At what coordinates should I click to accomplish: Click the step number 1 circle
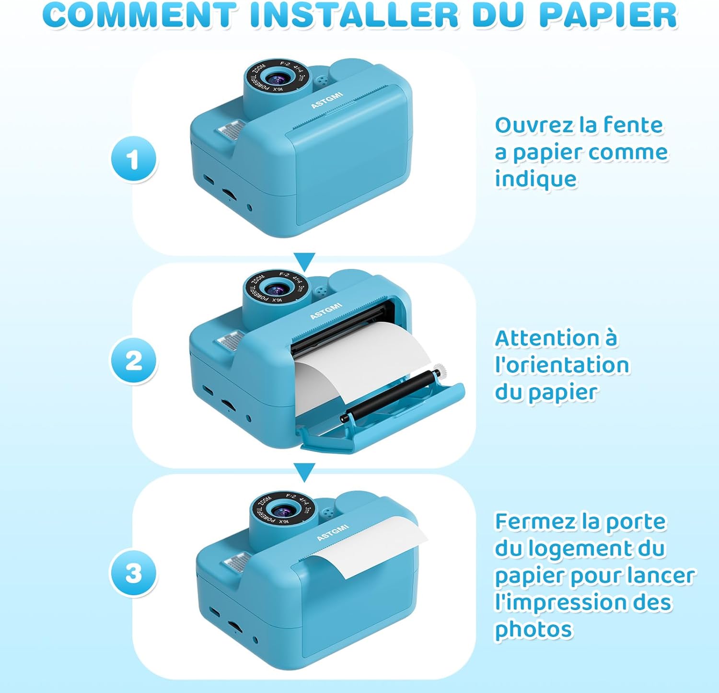pyautogui.click(x=134, y=159)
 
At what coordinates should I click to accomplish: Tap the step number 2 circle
pyautogui.click(x=134, y=360)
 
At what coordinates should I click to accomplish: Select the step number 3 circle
pyautogui.click(x=134, y=573)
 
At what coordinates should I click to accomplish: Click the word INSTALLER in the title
pyautogui.click(x=354, y=15)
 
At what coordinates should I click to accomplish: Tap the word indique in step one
pyautogui.click(x=535, y=179)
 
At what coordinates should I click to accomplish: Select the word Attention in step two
pyautogui.click(x=546, y=338)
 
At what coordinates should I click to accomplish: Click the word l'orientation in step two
pyautogui.click(x=562, y=365)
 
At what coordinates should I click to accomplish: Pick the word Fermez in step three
pyautogui.click(x=534, y=522)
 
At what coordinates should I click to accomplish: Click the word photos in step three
pyautogui.click(x=533, y=629)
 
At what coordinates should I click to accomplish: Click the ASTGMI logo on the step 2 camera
pyautogui.click(x=326, y=311)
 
